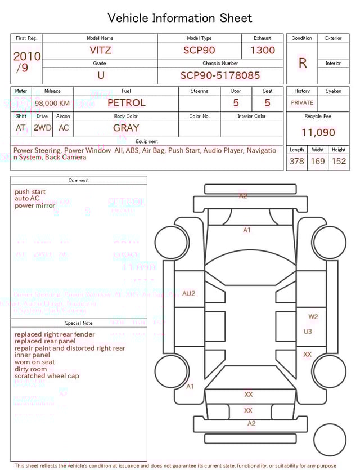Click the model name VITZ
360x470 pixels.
click(100, 50)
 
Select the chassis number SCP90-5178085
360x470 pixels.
click(220, 75)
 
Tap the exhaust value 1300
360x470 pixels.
click(263, 50)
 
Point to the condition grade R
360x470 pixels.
click(302, 63)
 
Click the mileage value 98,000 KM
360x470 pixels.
click(52, 104)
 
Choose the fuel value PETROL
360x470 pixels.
click(126, 103)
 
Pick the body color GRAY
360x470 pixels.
click(126, 128)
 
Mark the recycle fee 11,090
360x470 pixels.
click(318, 133)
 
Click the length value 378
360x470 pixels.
click(296, 162)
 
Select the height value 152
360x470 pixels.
click(339, 162)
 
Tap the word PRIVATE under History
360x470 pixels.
click(302, 103)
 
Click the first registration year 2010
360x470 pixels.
click(26, 56)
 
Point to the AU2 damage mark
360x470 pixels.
click(189, 293)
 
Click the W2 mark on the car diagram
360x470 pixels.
click(313, 316)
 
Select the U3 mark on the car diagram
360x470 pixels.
click(308, 332)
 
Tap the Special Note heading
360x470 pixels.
click(79, 323)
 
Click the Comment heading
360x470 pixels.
click(79, 181)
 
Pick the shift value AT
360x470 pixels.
click(21, 128)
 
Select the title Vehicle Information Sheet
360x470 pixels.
click(180, 18)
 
